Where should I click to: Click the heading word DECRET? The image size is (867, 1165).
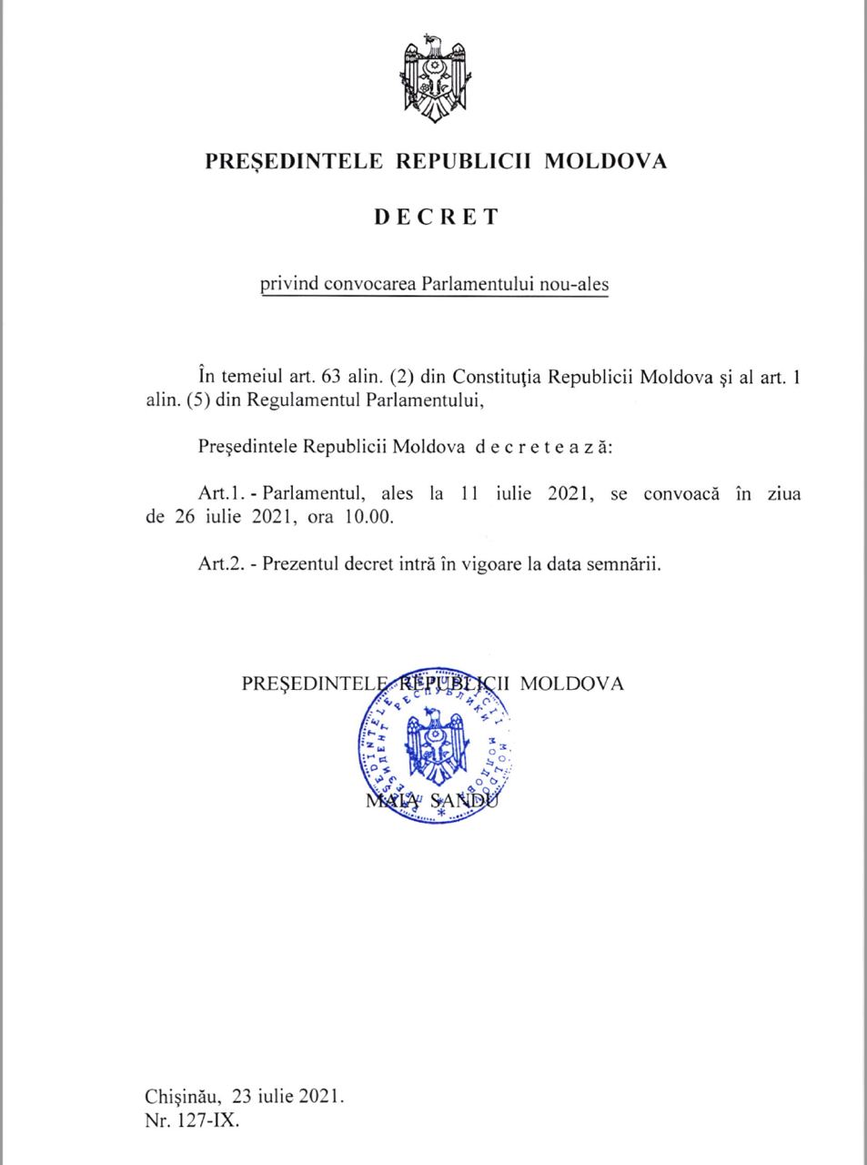436,218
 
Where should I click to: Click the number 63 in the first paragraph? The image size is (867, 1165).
325,377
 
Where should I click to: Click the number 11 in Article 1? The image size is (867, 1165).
469,494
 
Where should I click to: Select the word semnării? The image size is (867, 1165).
629,563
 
